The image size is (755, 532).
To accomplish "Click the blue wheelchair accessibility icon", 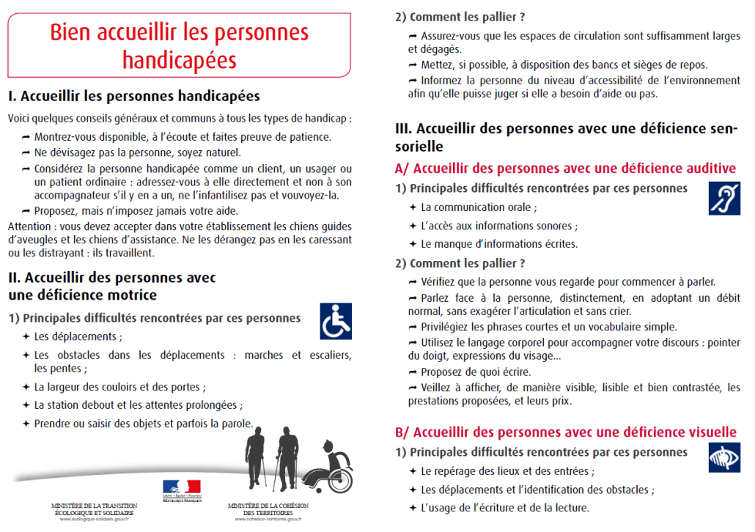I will point(336,322).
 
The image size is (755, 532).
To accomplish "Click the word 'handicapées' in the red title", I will point(180,59).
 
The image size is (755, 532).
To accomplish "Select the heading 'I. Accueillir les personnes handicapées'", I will point(133,97).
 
